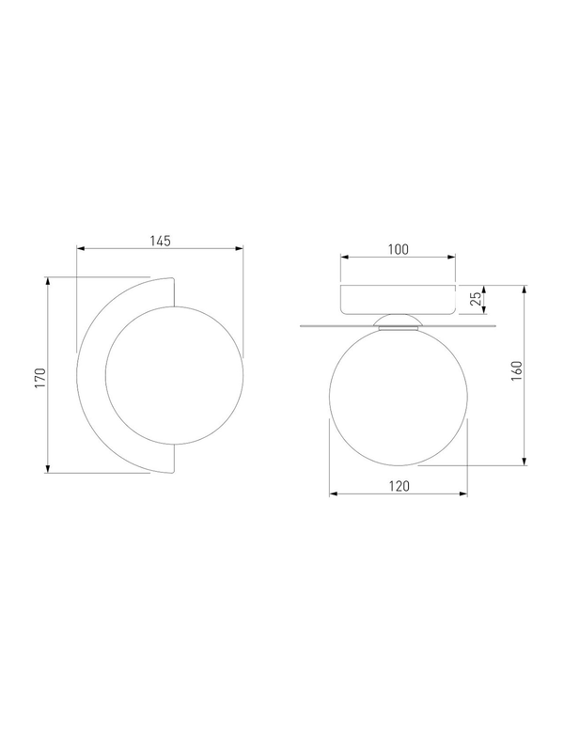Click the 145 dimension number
[160, 241]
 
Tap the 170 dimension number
[39, 378]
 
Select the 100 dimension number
[398, 249]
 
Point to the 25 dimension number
[476, 298]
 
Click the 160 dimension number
[516, 370]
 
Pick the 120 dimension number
[399, 486]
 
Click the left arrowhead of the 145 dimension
[81, 248]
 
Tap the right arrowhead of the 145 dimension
[240, 248]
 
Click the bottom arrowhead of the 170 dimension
[48, 468]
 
